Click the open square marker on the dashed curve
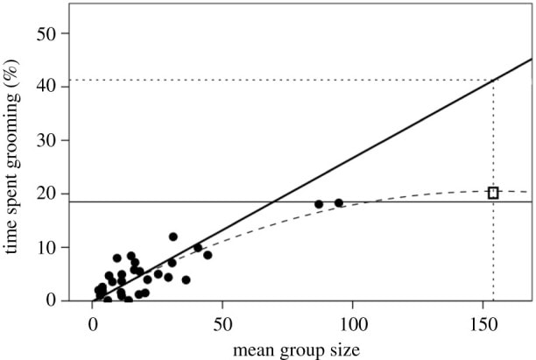(493, 193)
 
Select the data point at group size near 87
(319, 204)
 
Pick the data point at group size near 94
(339, 203)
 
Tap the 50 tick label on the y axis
(52, 33)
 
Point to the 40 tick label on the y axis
(52, 87)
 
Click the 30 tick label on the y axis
(52, 140)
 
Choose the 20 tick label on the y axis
(52, 194)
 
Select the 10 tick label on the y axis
(52, 247)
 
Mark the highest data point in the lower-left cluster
(173, 236)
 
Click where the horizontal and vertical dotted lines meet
(493, 81)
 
